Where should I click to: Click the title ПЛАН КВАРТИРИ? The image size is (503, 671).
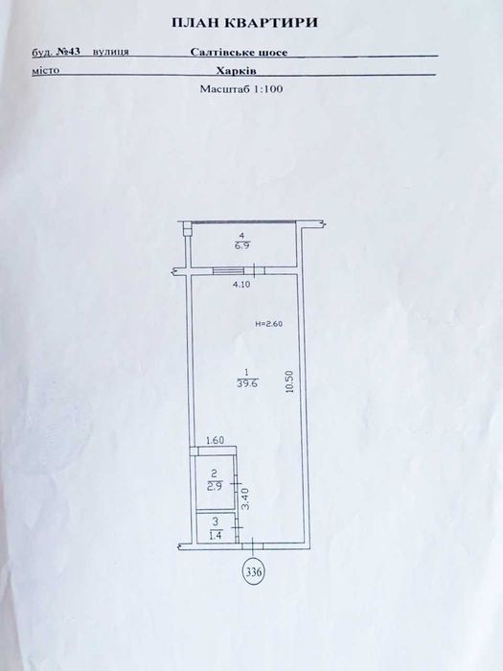pyautogui.click(x=244, y=23)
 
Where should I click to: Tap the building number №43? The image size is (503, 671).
pyautogui.click(x=69, y=51)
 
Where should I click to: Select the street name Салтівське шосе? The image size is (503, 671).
pyautogui.click(x=239, y=52)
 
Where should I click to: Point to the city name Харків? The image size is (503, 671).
pyautogui.click(x=236, y=71)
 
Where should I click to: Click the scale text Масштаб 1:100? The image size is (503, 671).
pyautogui.click(x=241, y=89)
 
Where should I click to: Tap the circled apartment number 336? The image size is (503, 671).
pyautogui.click(x=254, y=571)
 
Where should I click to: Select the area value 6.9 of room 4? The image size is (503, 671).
pyautogui.click(x=241, y=246)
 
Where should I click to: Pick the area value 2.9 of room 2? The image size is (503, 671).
pyautogui.click(x=214, y=487)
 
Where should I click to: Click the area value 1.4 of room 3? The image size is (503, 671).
pyautogui.click(x=216, y=535)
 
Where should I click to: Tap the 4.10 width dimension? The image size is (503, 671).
pyautogui.click(x=241, y=284)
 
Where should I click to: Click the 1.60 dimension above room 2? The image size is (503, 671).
pyautogui.click(x=216, y=440)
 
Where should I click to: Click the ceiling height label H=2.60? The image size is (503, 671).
pyautogui.click(x=268, y=324)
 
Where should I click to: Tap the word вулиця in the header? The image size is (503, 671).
pyautogui.click(x=111, y=52)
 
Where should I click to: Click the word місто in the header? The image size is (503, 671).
pyautogui.click(x=45, y=70)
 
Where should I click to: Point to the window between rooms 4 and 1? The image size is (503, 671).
pyautogui.click(x=229, y=270)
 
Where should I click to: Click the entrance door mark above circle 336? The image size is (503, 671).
pyautogui.click(x=253, y=545)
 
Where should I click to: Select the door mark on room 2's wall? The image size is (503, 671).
pyautogui.click(x=236, y=483)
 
